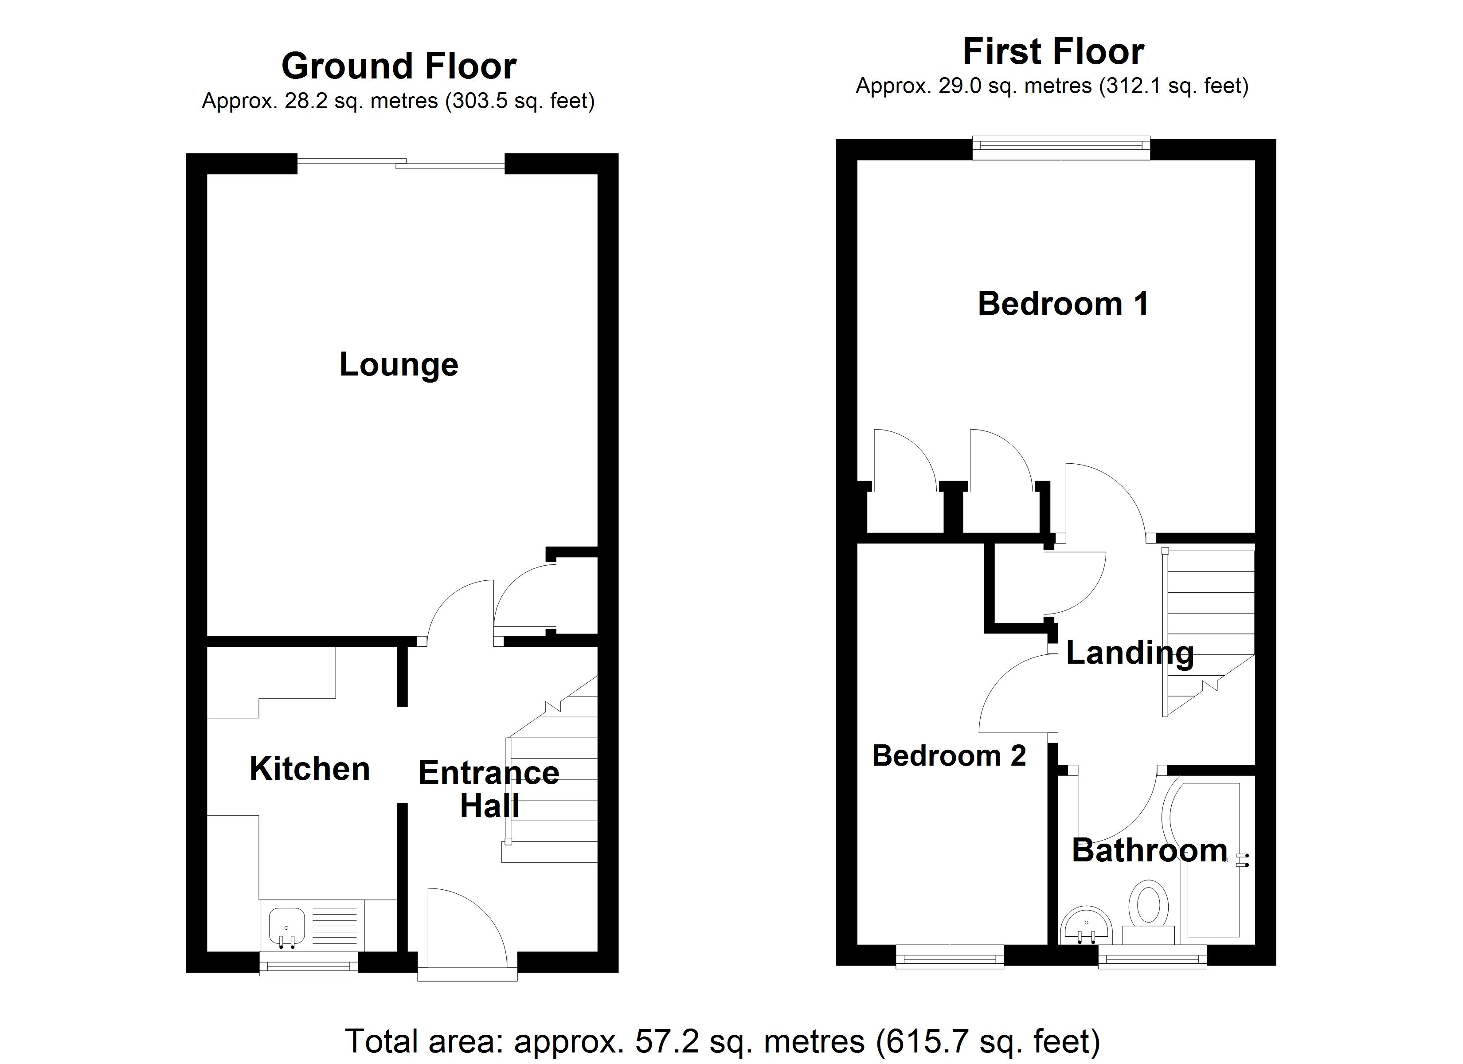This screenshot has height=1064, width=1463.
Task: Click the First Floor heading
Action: click(1053, 51)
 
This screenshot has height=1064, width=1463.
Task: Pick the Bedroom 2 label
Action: click(949, 755)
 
